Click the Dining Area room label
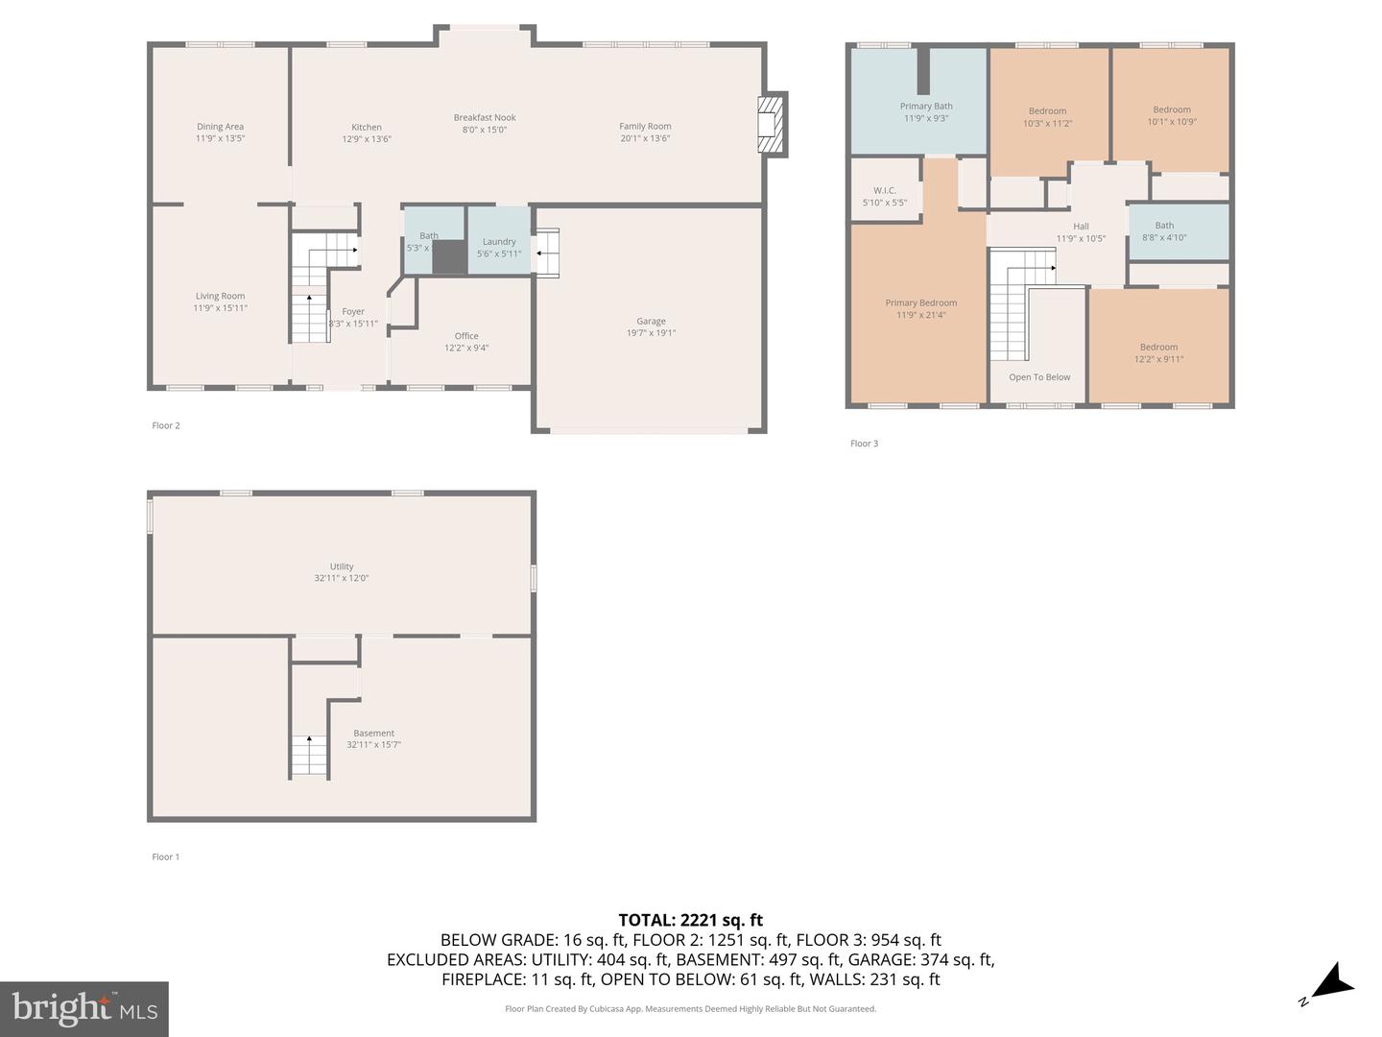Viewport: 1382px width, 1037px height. (x=220, y=127)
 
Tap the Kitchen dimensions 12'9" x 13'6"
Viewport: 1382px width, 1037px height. (x=367, y=139)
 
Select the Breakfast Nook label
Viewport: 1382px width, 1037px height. (x=485, y=118)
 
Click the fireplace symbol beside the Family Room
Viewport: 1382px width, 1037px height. (x=772, y=125)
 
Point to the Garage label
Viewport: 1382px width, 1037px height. (x=651, y=322)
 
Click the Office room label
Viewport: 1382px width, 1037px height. (x=466, y=336)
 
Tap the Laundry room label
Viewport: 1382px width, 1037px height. (x=499, y=242)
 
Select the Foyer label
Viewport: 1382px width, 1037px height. (x=353, y=311)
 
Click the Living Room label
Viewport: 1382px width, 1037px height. (x=220, y=297)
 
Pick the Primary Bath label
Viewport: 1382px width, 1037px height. (x=926, y=107)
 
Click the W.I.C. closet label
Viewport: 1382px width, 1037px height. (x=884, y=191)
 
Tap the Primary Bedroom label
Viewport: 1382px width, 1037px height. (x=920, y=303)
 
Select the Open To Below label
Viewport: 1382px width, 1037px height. (x=1039, y=377)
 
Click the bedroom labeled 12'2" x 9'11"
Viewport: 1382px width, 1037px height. (x=1158, y=353)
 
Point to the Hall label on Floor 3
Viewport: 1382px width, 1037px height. (x=1081, y=227)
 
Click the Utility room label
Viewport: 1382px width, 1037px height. (x=342, y=567)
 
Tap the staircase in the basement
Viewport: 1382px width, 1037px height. (x=309, y=755)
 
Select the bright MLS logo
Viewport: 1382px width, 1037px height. (x=84, y=1008)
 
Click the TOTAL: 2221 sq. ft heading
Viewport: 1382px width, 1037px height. (x=690, y=920)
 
